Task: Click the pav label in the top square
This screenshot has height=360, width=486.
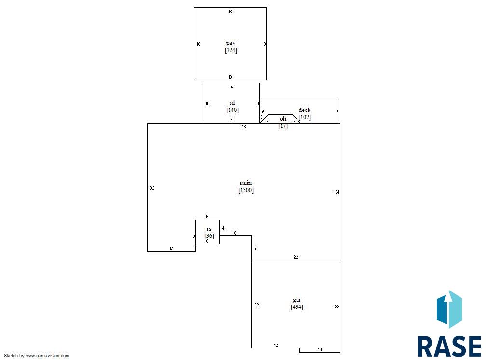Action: pyautogui.click(x=231, y=43)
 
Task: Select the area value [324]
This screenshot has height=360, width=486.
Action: pyautogui.click(x=231, y=50)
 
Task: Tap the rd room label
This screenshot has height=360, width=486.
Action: pyautogui.click(x=232, y=103)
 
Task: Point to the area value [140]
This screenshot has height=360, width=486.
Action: pyautogui.click(x=232, y=110)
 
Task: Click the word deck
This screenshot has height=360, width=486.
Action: pyautogui.click(x=305, y=110)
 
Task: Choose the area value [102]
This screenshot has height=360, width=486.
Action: pyautogui.click(x=305, y=117)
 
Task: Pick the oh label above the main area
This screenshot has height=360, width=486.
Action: pyautogui.click(x=283, y=119)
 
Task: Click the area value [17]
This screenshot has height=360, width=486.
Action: pyautogui.click(x=283, y=126)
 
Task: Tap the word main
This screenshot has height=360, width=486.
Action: pyautogui.click(x=245, y=183)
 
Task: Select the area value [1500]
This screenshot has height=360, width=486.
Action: pyautogui.click(x=246, y=190)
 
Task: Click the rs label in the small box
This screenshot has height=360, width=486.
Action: pyautogui.click(x=209, y=229)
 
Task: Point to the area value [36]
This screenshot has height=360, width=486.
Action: pyautogui.click(x=209, y=236)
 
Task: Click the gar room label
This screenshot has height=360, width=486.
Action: pyautogui.click(x=297, y=300)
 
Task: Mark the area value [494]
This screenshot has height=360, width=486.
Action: pyautogui.click(x=297, y=307)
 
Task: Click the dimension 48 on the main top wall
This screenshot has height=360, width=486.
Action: pyautogui.click(x=243, y=126)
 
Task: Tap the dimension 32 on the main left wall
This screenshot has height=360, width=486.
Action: pyautogui.click(x=152, y=188)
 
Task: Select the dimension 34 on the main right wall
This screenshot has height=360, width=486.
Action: pyautogui.click(x=337, y=192)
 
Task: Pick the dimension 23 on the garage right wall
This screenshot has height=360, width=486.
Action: pyautogui.click(x=337, y=307)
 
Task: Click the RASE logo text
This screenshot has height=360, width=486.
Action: pyautogui.click(x=449, y=346)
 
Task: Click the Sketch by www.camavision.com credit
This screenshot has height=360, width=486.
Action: pyautogui.click(x=37, y=356)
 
